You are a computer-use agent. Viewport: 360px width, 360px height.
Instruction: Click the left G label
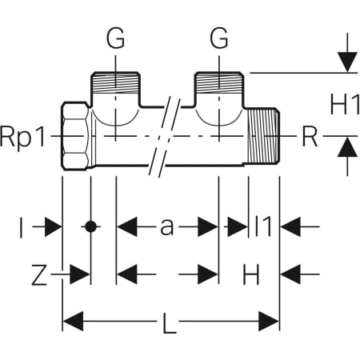(115, 38)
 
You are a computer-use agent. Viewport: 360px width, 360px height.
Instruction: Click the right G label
(219, 38)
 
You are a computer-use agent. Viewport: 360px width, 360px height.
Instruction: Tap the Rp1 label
(22, 137)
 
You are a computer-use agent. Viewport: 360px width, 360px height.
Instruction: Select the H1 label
(345, 104)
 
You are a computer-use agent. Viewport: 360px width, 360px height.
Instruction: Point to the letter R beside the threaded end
(310, 136)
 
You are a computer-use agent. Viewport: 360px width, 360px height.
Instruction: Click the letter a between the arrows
(167, 227)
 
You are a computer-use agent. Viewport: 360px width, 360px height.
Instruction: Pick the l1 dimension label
(263, 226)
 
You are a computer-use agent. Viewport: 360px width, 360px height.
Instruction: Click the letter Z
(39, 274)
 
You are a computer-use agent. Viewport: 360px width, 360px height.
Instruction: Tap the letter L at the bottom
(170, 322)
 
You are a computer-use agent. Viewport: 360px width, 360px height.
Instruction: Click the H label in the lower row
(251, 274)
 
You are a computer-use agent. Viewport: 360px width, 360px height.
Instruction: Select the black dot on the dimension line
(91, 226)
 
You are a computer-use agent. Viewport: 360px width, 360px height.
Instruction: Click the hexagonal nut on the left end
(75, 136)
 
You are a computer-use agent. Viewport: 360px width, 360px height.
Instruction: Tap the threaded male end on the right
(263, 135)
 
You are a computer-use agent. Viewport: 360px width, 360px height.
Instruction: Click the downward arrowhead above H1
(347, 62)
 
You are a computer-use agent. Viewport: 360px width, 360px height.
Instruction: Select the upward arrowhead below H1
(347, 146)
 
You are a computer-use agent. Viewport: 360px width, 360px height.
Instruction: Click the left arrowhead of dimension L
(73, 321)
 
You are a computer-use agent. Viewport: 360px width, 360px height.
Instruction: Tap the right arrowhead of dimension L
(269, 321)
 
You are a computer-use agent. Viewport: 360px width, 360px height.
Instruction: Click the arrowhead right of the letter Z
(80, 274)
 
